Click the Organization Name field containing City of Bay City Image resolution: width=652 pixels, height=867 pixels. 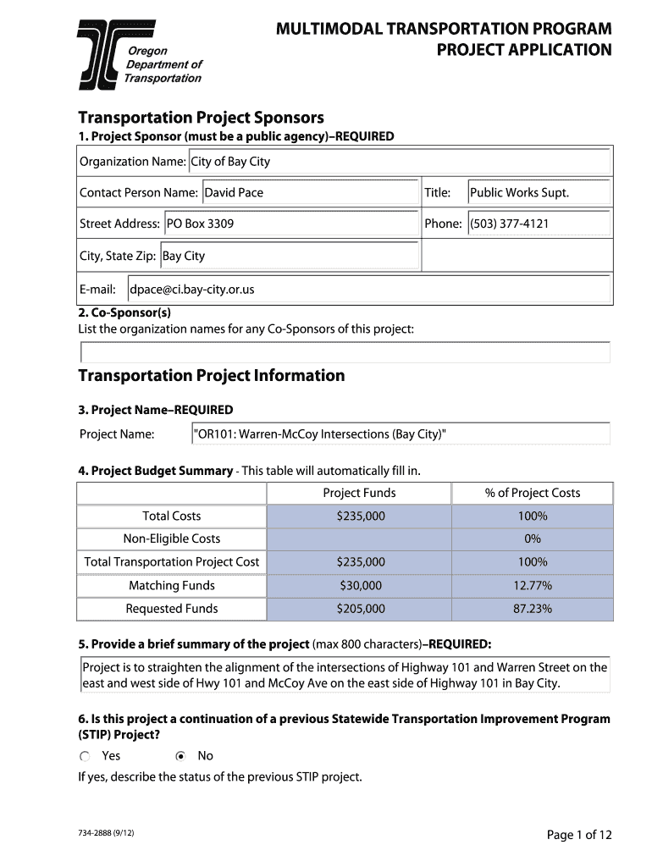[399, 162]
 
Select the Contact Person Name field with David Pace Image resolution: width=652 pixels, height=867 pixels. [310, 193]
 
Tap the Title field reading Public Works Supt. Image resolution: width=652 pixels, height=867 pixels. [539, 193]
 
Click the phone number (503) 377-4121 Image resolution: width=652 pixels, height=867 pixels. [539, 224]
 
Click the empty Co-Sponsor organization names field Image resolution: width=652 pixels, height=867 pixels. [345, 352]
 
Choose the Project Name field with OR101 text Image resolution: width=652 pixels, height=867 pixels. [401, 434]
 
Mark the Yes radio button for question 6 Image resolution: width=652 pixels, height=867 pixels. [85, 756]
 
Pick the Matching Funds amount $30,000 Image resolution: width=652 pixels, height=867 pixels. [361, 586]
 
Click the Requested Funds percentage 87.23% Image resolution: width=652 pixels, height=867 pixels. [533, 609]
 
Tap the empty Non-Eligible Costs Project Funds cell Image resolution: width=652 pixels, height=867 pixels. [360, 539]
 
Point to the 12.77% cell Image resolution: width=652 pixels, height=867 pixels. [533, 586]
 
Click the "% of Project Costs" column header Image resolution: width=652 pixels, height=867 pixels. [533, 494]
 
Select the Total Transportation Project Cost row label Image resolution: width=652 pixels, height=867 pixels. [172, 562]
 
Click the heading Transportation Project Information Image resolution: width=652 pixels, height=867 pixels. [212, 376]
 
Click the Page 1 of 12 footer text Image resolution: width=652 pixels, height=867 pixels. [579, 836]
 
